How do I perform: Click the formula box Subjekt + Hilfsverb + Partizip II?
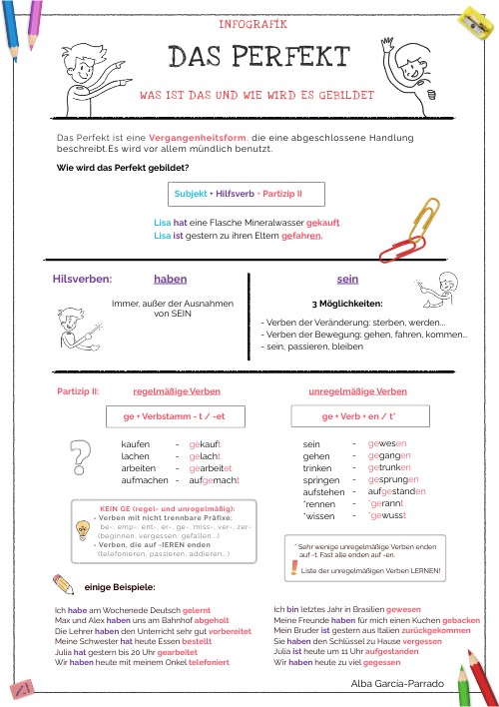239,192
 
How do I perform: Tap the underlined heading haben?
170,280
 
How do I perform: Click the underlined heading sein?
348,280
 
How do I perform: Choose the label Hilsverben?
82,281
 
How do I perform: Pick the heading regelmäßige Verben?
177,391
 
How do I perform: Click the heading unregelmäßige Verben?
357,391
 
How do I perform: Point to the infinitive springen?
322,480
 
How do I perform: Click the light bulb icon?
83,529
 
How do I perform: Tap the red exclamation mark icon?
291,568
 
